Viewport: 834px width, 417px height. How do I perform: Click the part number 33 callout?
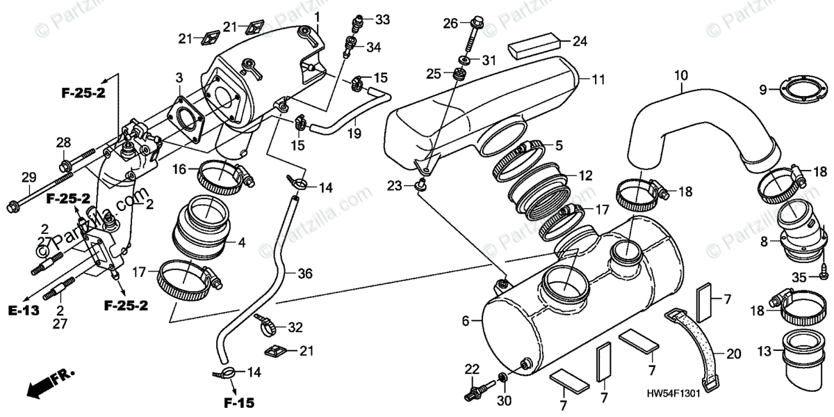coord(383,19)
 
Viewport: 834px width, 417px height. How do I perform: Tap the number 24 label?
coord(580,40)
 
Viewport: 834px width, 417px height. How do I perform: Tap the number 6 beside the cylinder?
coord(466,321)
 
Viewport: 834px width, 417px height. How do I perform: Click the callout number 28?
coord(63,143)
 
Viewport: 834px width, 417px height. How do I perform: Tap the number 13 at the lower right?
coord(765,352)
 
